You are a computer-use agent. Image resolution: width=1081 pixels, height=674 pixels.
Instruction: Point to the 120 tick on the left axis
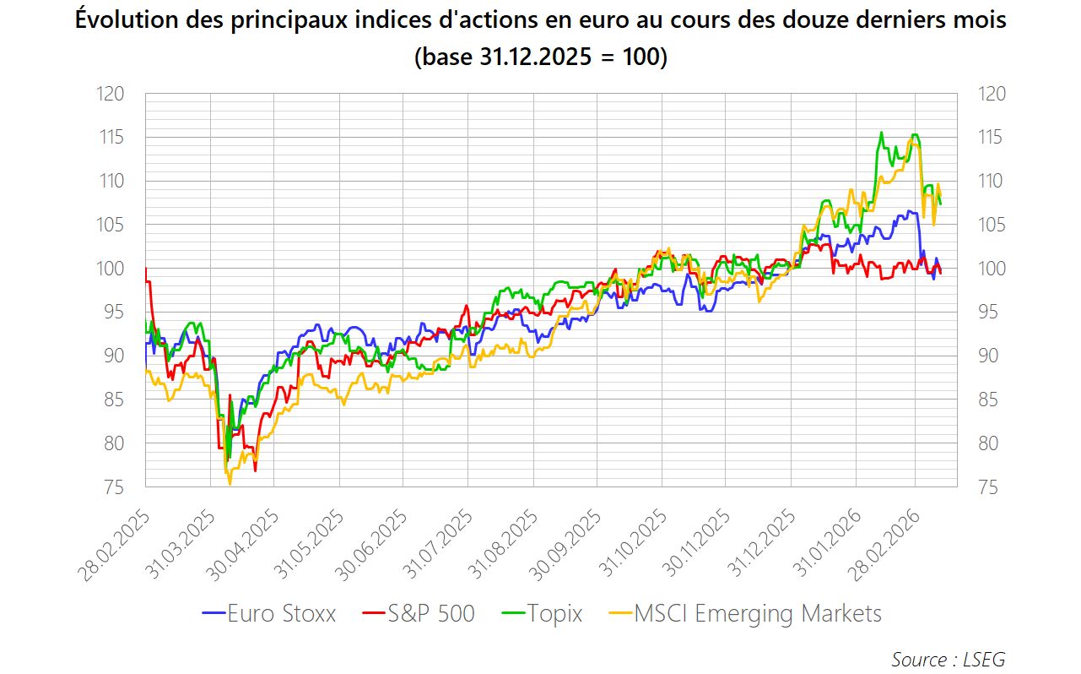[x=111, y=94]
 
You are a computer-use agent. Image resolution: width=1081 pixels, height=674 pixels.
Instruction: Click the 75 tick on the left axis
[x=115, y=487]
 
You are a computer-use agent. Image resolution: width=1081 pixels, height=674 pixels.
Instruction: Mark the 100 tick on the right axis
[x=992, y=269]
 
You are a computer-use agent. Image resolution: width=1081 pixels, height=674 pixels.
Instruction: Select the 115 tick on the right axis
[x=992, y=138]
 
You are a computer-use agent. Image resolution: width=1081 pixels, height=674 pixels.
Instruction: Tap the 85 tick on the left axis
[x=115, y=400]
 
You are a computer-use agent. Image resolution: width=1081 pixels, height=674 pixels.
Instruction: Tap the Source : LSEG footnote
[x=948, y=659]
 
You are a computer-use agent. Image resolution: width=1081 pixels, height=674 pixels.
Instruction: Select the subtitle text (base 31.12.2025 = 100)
[x=540, y=58]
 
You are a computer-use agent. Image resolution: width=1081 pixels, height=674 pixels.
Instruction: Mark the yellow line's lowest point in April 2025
[x=230, y=484]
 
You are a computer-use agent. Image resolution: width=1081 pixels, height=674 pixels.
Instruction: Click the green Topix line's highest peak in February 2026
[x=881, y=133]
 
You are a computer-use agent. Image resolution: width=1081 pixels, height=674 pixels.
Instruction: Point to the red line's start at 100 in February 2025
[x=146, y=269]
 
